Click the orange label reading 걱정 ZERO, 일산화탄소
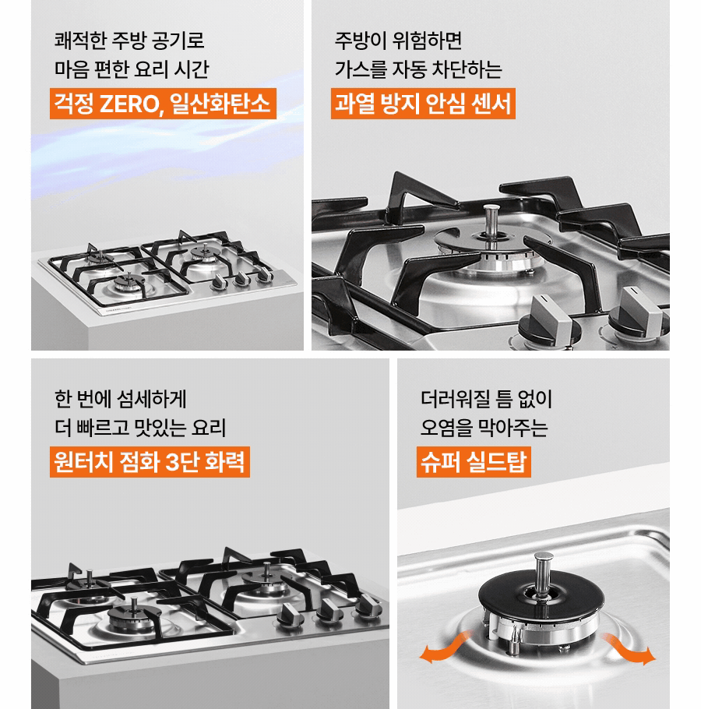tap(163, 104)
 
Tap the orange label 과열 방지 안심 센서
tap(423, 104)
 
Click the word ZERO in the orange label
tap(128, 104)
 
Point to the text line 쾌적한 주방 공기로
tap(129, 40)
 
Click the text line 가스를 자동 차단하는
tap(418, 69)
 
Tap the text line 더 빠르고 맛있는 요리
tap(140, 428)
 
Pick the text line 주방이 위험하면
tap(398, 40)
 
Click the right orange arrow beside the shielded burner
tap(634, 651)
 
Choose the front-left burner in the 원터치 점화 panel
tap(126, 617)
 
